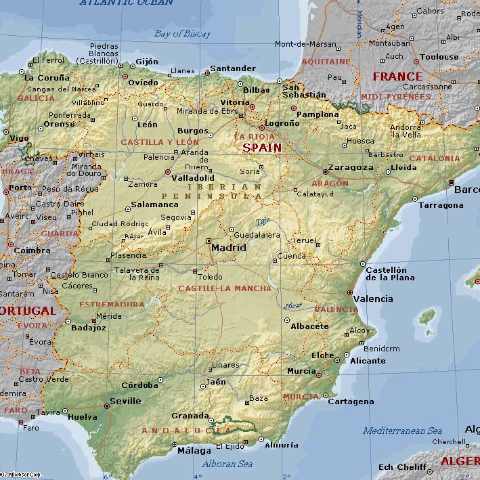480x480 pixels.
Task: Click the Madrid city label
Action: pyautogui.click(x=228, y=248)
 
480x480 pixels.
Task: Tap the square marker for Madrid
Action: pyautogui.click(x=209, y=240)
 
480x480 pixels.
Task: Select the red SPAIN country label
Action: pyautogui.click(x=262, y=148)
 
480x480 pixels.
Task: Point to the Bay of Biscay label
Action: pyautogui.click(x=182, y=34)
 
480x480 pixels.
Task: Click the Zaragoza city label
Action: pyautogui.click(x=350, y=167)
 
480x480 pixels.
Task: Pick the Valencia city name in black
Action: pyautogui.click(x=373, y=299)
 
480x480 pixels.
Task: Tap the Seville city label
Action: pyautogui.click(x=125, y=401)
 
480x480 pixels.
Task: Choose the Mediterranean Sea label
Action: pyautogui.click(x=402, y=431)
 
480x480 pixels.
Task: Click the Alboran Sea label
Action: pyautogui.click(x=227, y=464)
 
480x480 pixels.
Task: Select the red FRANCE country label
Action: pyautogui.click(x=397, y=77)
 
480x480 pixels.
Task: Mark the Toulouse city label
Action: pyautogui.click(x=439, y=58)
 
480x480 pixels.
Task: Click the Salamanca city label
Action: pyautogui.click(x=154, y=204)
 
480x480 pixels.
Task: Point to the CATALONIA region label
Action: pyautogui.click(x=434, y=158)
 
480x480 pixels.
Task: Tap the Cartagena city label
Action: pyautogui.click(x=351, y=401)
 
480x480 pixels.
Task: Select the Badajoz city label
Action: pyautogui.click(x=89, y=328)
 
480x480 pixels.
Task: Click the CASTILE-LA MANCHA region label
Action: pyautogui.click(x=224, y=288)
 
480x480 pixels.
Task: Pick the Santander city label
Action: pyautogui.click(x=233, y=68)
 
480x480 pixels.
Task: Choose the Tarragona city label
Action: pyautogui.click(x=441, y=205)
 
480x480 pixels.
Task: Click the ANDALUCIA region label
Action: pyautogui.click(x=186, y=431)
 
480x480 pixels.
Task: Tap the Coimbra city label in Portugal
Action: pyautogui.click(x=32, y=250)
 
